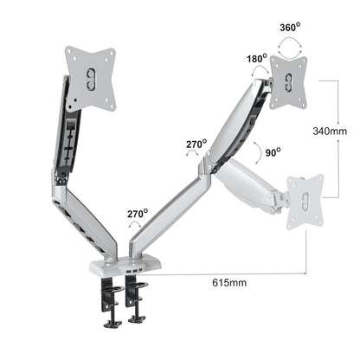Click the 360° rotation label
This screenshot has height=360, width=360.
pyautogui.click(x=290, y=26)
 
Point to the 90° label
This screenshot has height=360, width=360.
pyautogui.click(x=272, y=152)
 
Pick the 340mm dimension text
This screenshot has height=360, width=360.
pyautogui.click(x=330, y=131)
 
